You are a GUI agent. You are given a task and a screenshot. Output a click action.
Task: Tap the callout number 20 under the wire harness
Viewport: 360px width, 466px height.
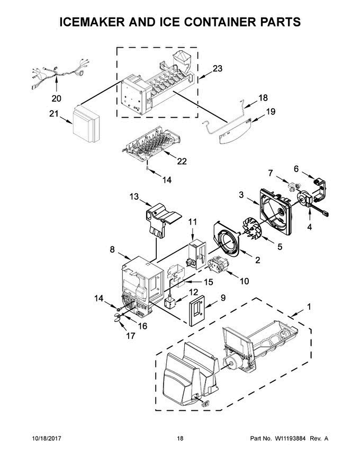pos(56,98)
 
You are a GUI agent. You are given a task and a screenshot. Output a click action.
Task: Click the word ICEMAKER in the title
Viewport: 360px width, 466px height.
pos(94,22)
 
